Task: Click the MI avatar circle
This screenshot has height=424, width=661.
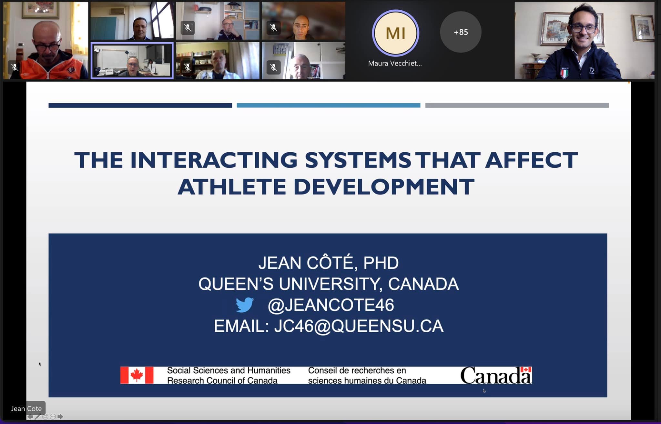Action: (x=395, y=33)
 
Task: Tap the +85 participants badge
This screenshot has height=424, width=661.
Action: (x=461, y=32)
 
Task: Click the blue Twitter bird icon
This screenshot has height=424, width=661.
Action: (x=245, y=305)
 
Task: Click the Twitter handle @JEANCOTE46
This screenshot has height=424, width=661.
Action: (x=331, y=305)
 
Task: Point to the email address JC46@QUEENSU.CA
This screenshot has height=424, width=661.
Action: (x=359, y=326)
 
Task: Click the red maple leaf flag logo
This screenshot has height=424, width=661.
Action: (x=137, y=375)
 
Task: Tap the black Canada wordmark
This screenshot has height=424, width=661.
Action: (x=496, y=375)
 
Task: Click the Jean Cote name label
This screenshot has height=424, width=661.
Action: (x=26, y=409)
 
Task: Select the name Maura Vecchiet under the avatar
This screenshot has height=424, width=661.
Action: (x=395, y=63)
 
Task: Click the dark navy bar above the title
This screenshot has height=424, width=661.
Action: (x=140, y=106)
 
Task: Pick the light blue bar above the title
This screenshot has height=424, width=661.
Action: (x=329, y=106)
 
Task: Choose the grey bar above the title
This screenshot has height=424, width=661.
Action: (x=517, y=106)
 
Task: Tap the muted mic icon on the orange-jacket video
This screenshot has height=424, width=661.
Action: (x=15, y=67)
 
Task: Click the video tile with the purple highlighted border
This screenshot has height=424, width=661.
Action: (x=132, y=61)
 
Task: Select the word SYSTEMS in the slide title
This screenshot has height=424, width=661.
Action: (x=358, y=160)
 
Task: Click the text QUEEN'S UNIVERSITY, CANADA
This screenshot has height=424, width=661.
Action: (x=329, y=284)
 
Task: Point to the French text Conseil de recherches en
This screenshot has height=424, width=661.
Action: (x=357, y=370)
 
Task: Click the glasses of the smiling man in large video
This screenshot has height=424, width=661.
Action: (x=584, y=28)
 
